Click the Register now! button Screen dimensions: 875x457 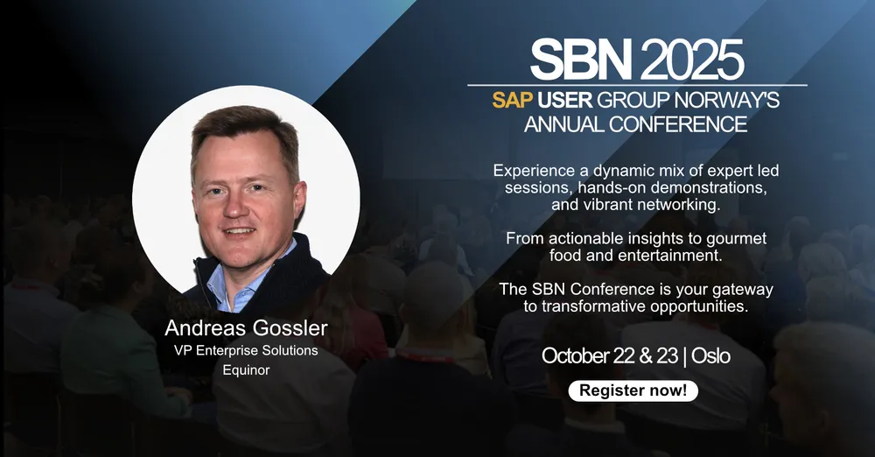(633, 390)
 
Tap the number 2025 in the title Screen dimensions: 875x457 (692, 60)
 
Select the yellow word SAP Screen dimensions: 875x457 (512, 100)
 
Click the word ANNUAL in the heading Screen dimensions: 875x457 (563, 124)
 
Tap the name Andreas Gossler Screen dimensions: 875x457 (246, 328)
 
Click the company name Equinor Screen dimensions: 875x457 (246, 370)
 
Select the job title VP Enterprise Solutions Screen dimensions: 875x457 (246, 350)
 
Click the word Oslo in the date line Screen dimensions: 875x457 (710, 355)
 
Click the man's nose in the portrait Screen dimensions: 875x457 (237, 206)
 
